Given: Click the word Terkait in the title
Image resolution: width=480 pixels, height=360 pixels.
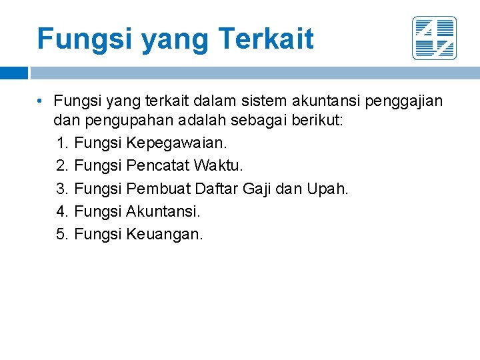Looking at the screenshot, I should [266, 39].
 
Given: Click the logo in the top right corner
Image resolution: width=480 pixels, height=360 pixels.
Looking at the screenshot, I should [434, 38].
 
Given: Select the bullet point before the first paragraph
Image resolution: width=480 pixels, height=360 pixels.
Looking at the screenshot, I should [41, 101].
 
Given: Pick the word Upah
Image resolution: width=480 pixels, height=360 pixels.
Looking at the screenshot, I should [327, 189].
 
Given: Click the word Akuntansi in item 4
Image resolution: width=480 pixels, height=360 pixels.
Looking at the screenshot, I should [163, 211].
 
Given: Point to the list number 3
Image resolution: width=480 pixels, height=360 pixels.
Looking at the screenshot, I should [63, 189].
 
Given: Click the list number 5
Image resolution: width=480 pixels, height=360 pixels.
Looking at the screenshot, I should [63, 234].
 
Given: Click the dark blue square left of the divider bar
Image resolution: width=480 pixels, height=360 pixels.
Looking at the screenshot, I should [14, 73].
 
